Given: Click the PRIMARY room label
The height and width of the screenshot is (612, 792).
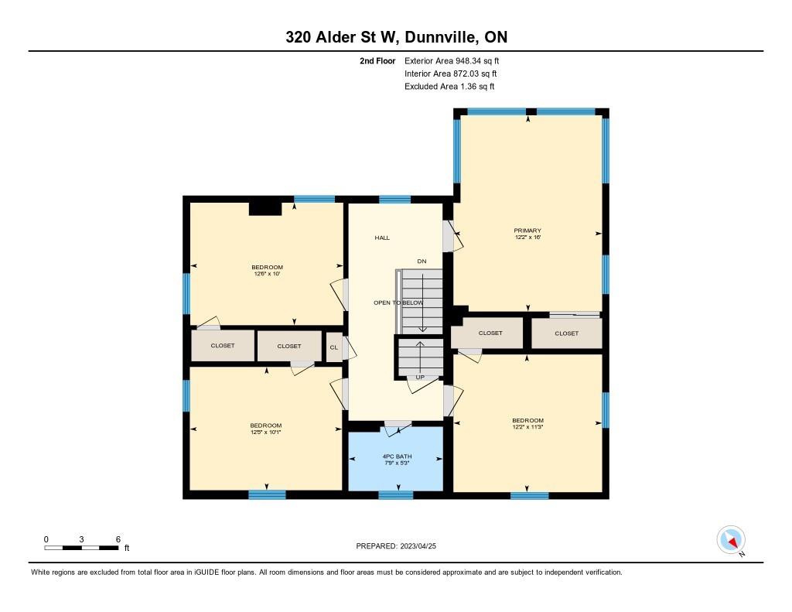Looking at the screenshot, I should point(527,231).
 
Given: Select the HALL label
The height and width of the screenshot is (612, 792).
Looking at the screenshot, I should point(382,238).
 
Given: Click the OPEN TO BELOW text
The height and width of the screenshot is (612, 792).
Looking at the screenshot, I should point(398,303).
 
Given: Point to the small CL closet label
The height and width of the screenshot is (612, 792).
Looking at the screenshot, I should point(333,347).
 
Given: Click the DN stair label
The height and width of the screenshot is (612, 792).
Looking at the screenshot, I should point(422,262).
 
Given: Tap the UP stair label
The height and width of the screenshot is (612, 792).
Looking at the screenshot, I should point(420,378).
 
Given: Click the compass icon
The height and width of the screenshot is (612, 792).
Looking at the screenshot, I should point(731,539).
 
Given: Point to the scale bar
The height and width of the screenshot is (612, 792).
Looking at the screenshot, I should point(81,548).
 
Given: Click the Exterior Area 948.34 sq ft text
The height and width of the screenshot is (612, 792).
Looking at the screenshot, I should point(457,60).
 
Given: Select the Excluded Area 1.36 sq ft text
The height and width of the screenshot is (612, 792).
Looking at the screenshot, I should point(449,87).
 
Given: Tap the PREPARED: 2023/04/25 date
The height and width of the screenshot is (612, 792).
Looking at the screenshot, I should point(401,546).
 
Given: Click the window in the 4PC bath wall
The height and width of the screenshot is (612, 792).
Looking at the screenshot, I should point(396,494).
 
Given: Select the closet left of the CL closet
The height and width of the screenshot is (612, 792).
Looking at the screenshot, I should point(288,346).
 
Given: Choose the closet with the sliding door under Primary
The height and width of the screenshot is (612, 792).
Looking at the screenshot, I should point(566,333).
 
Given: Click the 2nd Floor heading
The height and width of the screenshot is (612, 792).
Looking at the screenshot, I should point(377,60).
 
